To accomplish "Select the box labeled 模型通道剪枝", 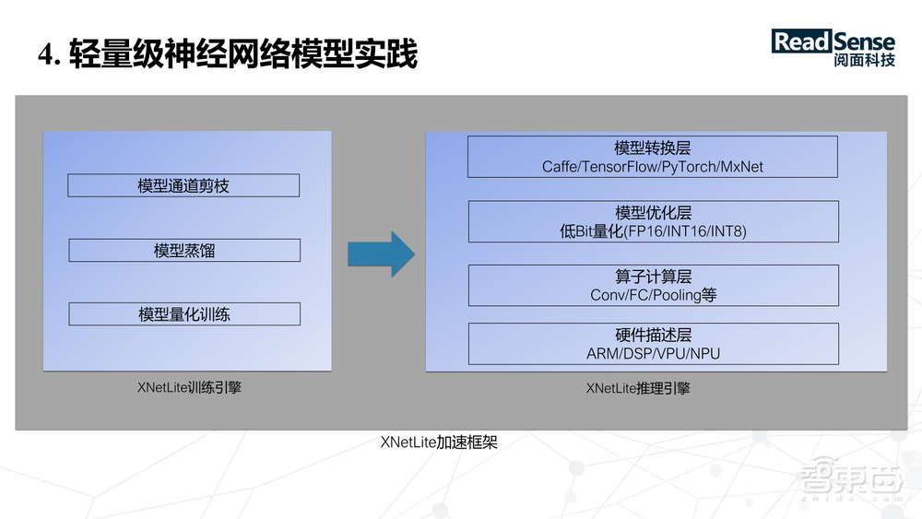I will tap(183, 185).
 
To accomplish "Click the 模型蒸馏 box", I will tap(184, 250).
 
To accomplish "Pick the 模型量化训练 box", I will tap(184, 314).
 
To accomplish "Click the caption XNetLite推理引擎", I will tap(638, 388).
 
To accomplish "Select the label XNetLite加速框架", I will tap(439, 442).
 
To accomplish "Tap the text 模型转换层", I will tap(653, 147).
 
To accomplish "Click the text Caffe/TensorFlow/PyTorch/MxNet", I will tap(653, 167).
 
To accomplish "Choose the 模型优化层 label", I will tap(653, 212).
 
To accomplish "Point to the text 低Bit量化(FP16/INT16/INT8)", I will tap(653, 231).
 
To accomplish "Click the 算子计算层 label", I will tap(653, 277).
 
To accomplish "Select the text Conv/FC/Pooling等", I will tap(653, 296).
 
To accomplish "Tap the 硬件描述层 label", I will tap(653, 335).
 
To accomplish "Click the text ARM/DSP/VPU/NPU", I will tap(653, 354).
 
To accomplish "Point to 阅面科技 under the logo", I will tap(863, 61).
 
